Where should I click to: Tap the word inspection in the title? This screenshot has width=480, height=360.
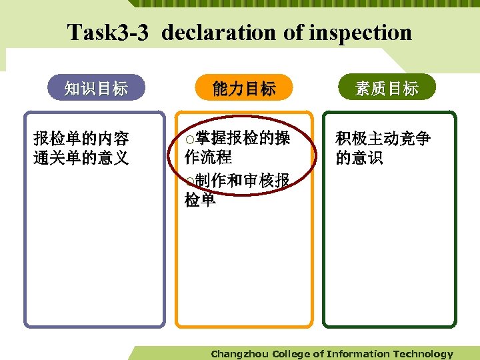tap(353, 32)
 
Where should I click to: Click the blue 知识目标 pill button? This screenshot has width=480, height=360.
tap(96, 88)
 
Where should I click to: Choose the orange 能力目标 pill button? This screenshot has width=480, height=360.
tap(244, 88)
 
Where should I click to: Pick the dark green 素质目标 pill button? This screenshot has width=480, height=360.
tap(387, 88)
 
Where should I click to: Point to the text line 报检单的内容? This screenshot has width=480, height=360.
tap(81, 139)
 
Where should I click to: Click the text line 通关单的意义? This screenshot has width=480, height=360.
tap(81, 158)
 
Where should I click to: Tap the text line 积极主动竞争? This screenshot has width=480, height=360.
tap(383, 139)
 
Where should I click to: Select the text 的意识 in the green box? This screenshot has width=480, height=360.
tap(359, 158)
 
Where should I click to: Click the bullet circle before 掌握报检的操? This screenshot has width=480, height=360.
tap(191, 139)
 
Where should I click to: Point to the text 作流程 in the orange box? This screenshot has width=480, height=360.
tap(209, 157)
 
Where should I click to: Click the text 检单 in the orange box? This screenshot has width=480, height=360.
tap(201, 199)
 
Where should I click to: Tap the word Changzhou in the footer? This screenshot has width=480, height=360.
tap(240, 354)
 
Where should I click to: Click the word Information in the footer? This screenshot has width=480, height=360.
tap(358, 354)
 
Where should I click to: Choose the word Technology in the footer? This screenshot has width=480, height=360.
tap(423, 354)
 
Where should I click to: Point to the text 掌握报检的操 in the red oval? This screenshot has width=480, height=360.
tap(243, 138)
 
